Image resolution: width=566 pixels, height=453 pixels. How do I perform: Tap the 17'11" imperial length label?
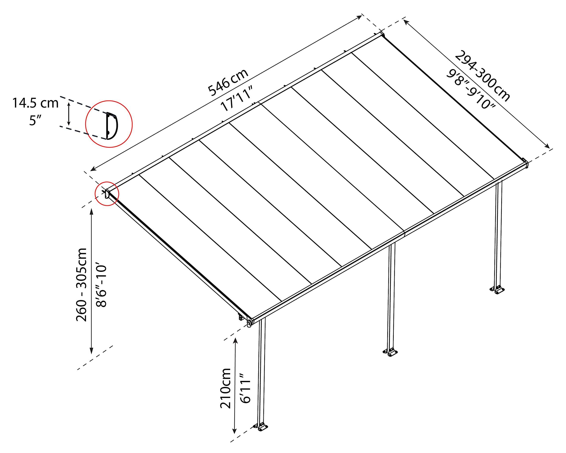pos(237,98)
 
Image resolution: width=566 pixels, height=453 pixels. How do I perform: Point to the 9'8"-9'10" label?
pos(471,89)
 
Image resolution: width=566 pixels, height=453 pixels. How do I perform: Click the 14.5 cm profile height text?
pos(35,103)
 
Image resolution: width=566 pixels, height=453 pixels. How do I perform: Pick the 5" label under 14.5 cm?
pos(35,121)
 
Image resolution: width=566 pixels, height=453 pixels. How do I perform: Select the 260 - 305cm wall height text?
pos(81,285)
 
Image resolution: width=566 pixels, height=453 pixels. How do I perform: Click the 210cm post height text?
pos(225,388)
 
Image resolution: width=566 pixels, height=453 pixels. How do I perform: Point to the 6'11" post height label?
pos(246,388)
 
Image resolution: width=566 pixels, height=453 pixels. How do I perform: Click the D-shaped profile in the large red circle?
pos(112,126)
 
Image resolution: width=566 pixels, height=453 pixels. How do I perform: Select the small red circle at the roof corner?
pos(107,194)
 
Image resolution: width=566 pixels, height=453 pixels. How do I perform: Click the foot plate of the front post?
pos(262,427)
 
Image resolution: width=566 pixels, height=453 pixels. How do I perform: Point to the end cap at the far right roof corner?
pos(525,163)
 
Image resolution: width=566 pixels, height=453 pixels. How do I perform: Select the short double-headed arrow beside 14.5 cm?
pos(69,114)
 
